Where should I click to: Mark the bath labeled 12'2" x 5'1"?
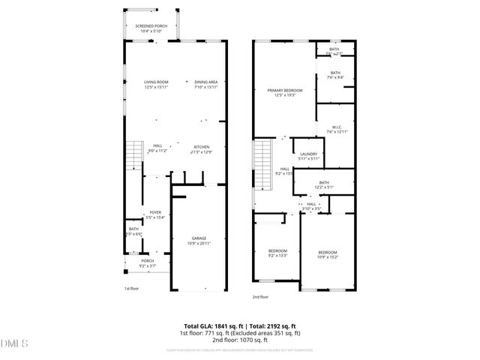324,184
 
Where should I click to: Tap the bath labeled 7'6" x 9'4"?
335,75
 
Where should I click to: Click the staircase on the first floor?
133,154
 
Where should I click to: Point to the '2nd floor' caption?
260,297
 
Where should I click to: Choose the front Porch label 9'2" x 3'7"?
147,262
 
